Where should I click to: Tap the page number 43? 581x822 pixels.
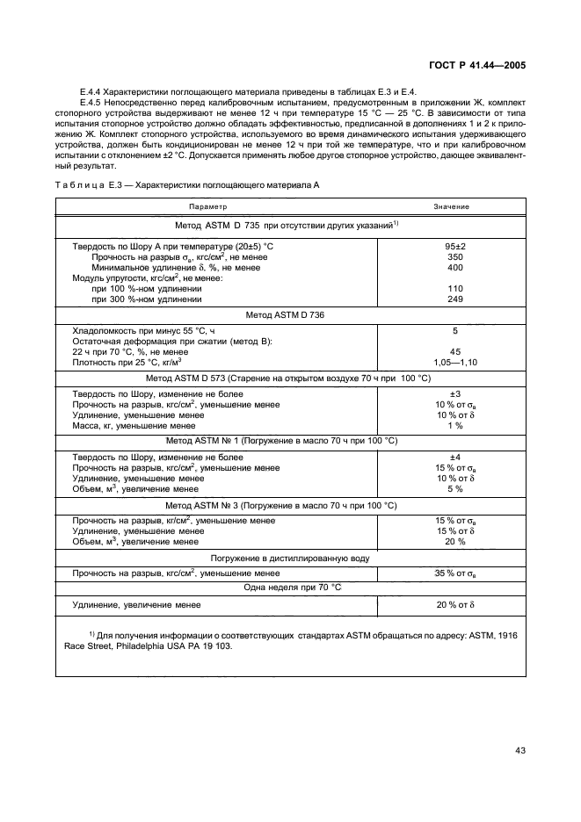[519, 749]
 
